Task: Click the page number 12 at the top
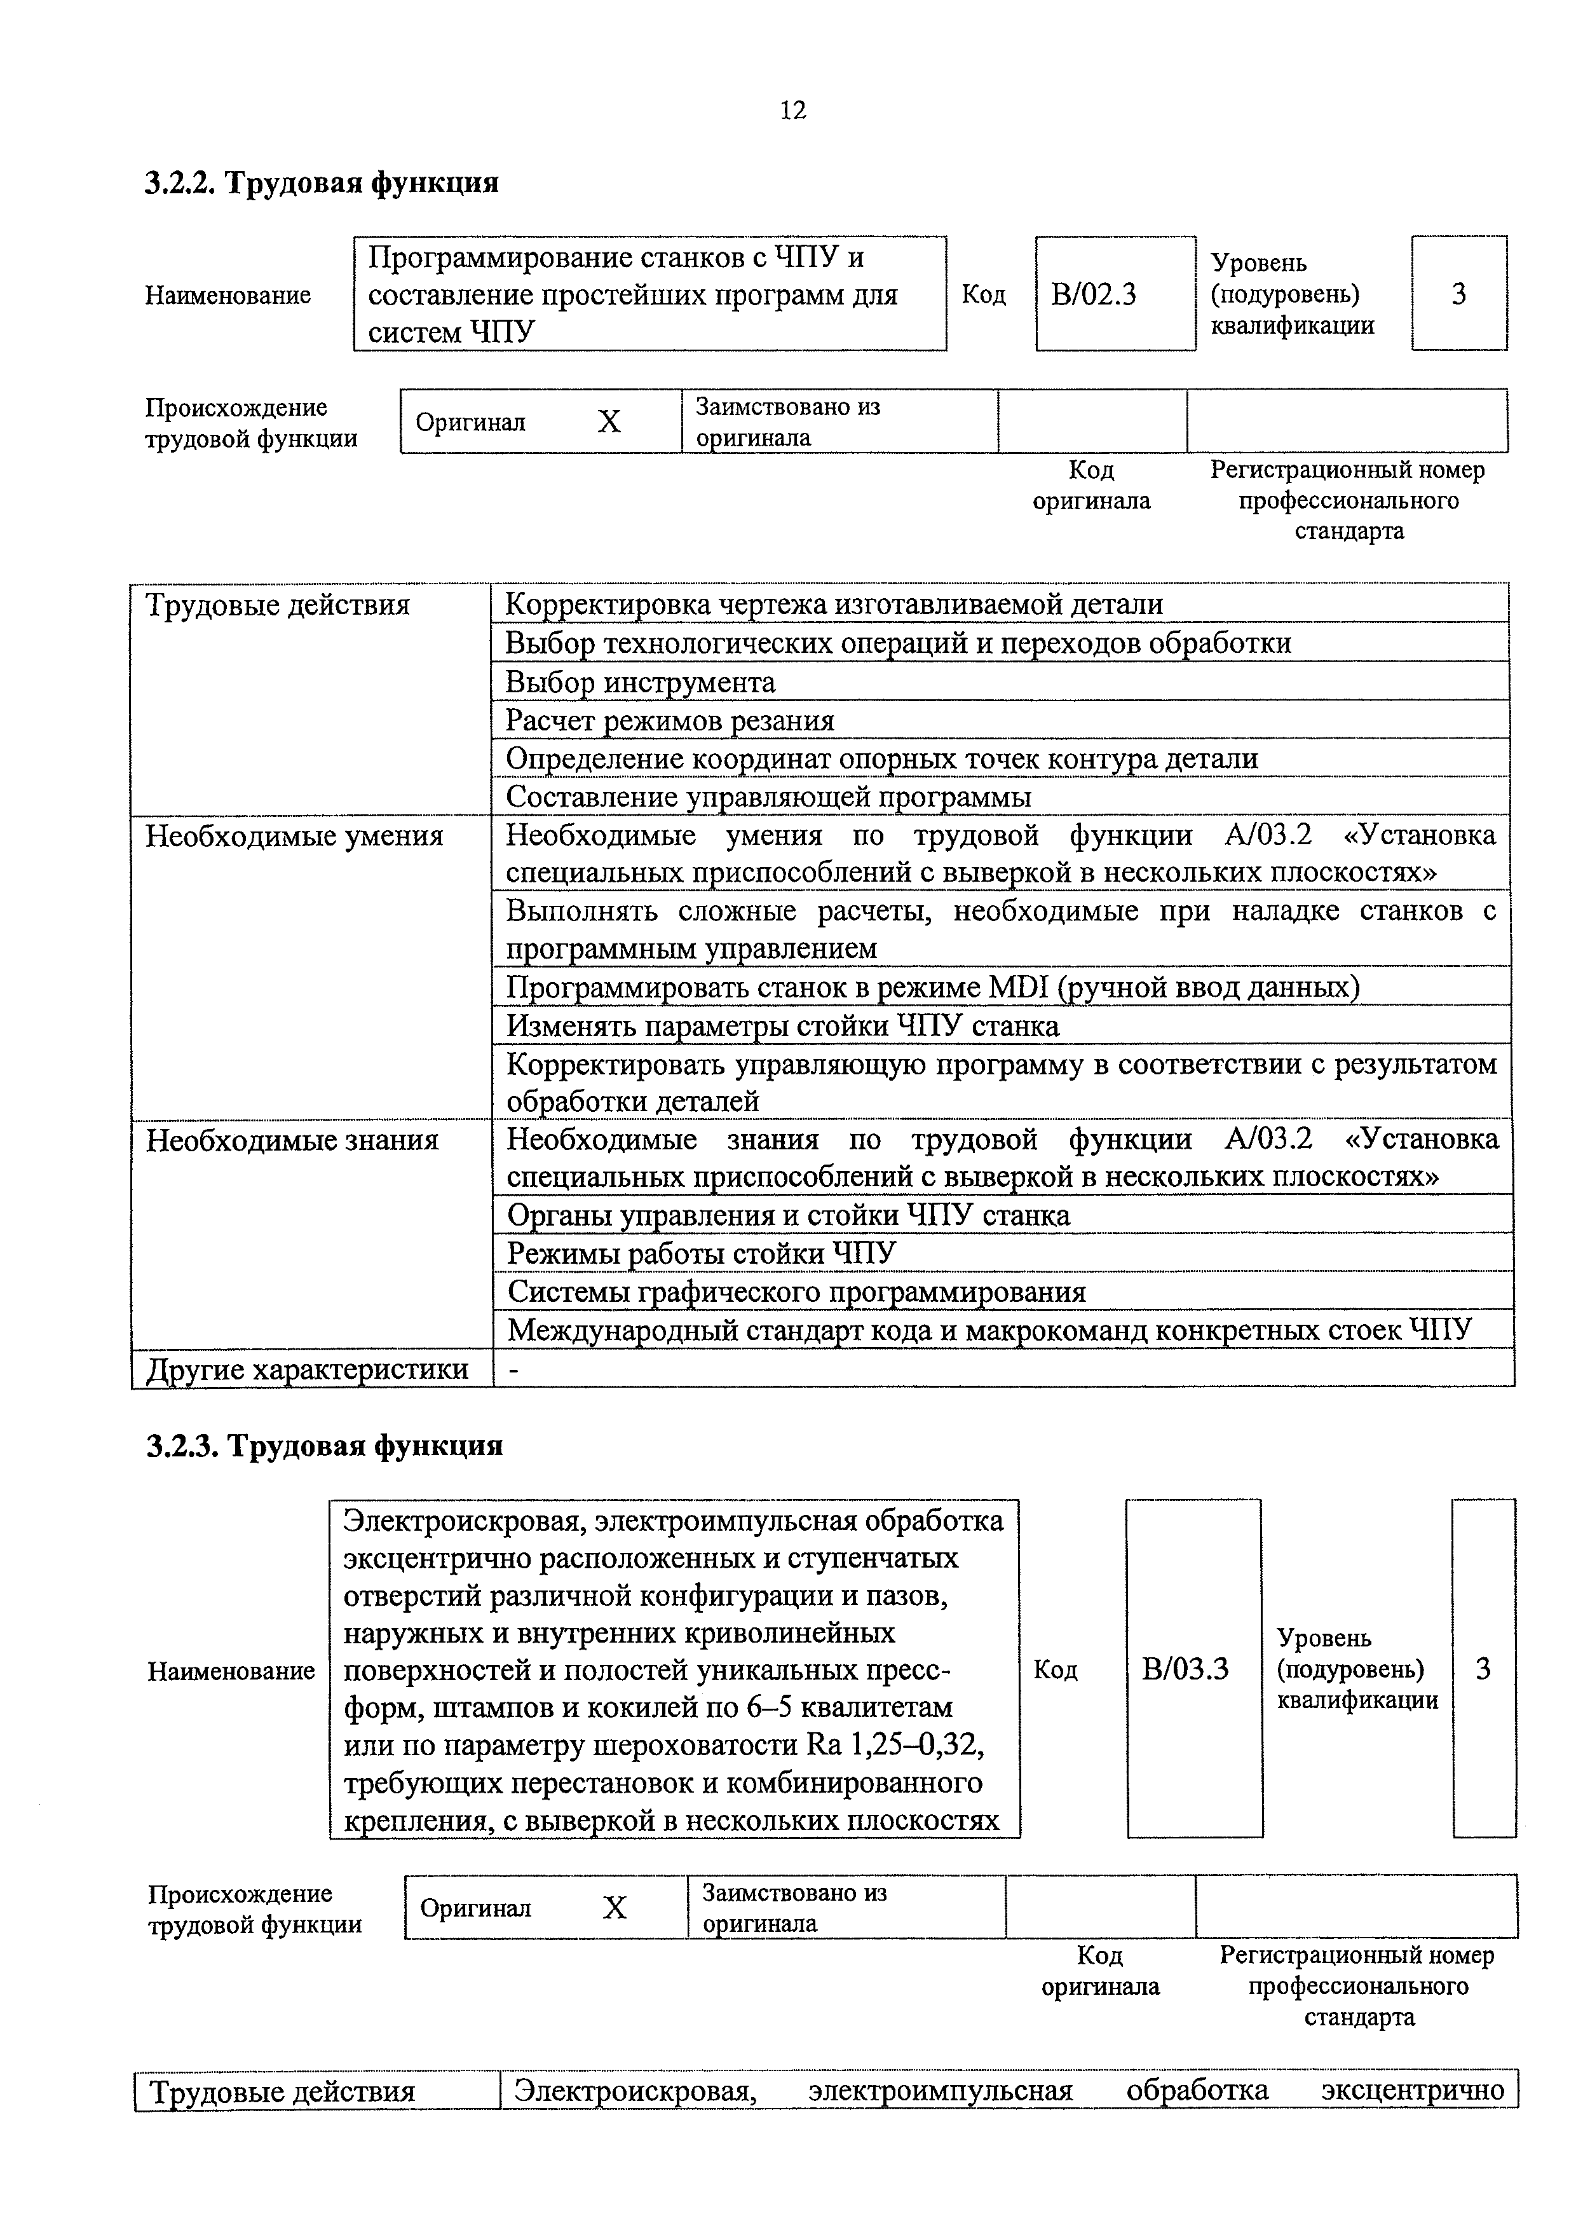click(792, 111)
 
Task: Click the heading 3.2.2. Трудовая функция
click(322, 182)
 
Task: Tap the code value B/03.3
click(1186, 1669)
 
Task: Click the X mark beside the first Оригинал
click(609, 421)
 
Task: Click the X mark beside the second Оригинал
click(615, 1908)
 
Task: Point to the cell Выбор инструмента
click(640, 683)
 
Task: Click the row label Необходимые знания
click(292, 1139)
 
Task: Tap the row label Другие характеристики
click(307, 1369)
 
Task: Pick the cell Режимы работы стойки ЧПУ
click(701, 1254)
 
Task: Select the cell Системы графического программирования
click(796, 1292)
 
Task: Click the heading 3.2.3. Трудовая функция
click(324, 1446)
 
